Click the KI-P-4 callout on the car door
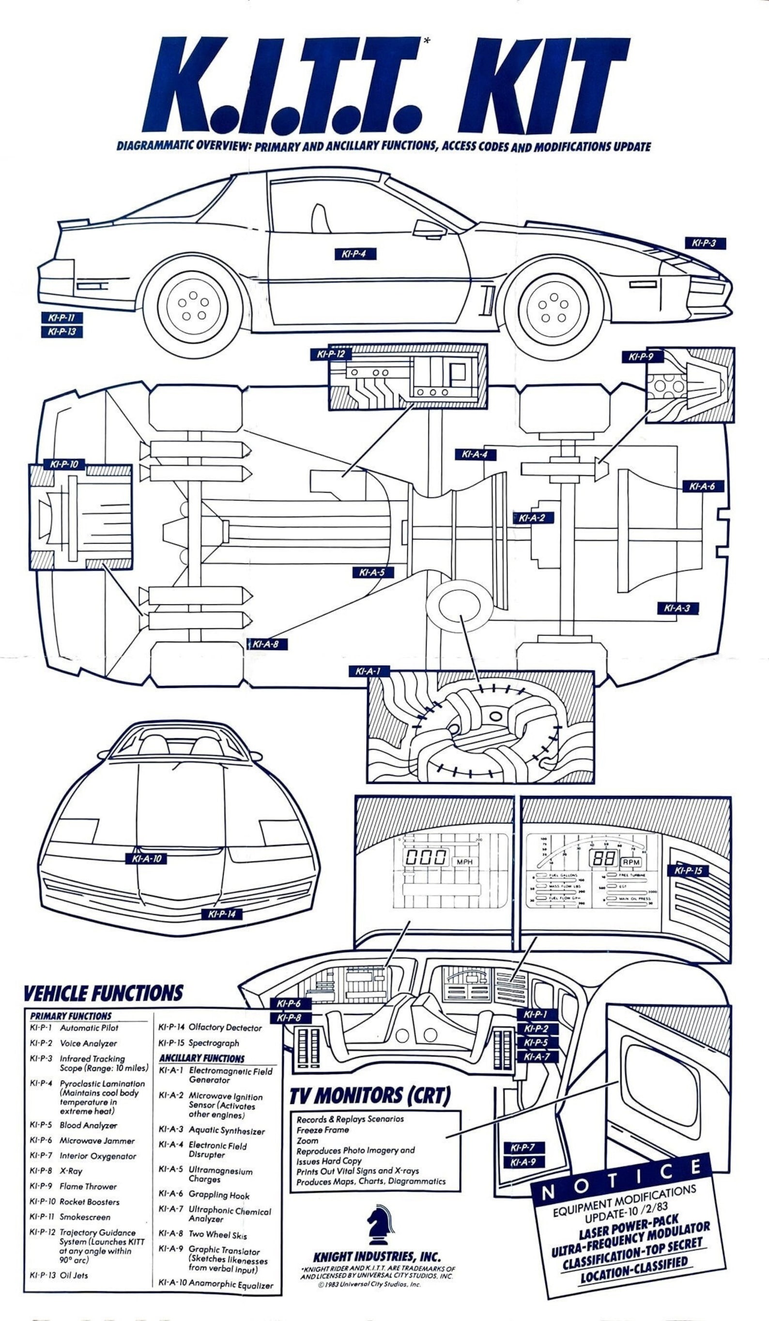point(355,254)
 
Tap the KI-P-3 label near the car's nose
point(705,243)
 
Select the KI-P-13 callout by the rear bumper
point(62,332)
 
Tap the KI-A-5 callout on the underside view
point(372,573)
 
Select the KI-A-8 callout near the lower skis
point(266,644)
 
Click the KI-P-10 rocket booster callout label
point(64,465)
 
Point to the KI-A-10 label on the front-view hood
point(146,859)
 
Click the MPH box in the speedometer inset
point(464,861)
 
